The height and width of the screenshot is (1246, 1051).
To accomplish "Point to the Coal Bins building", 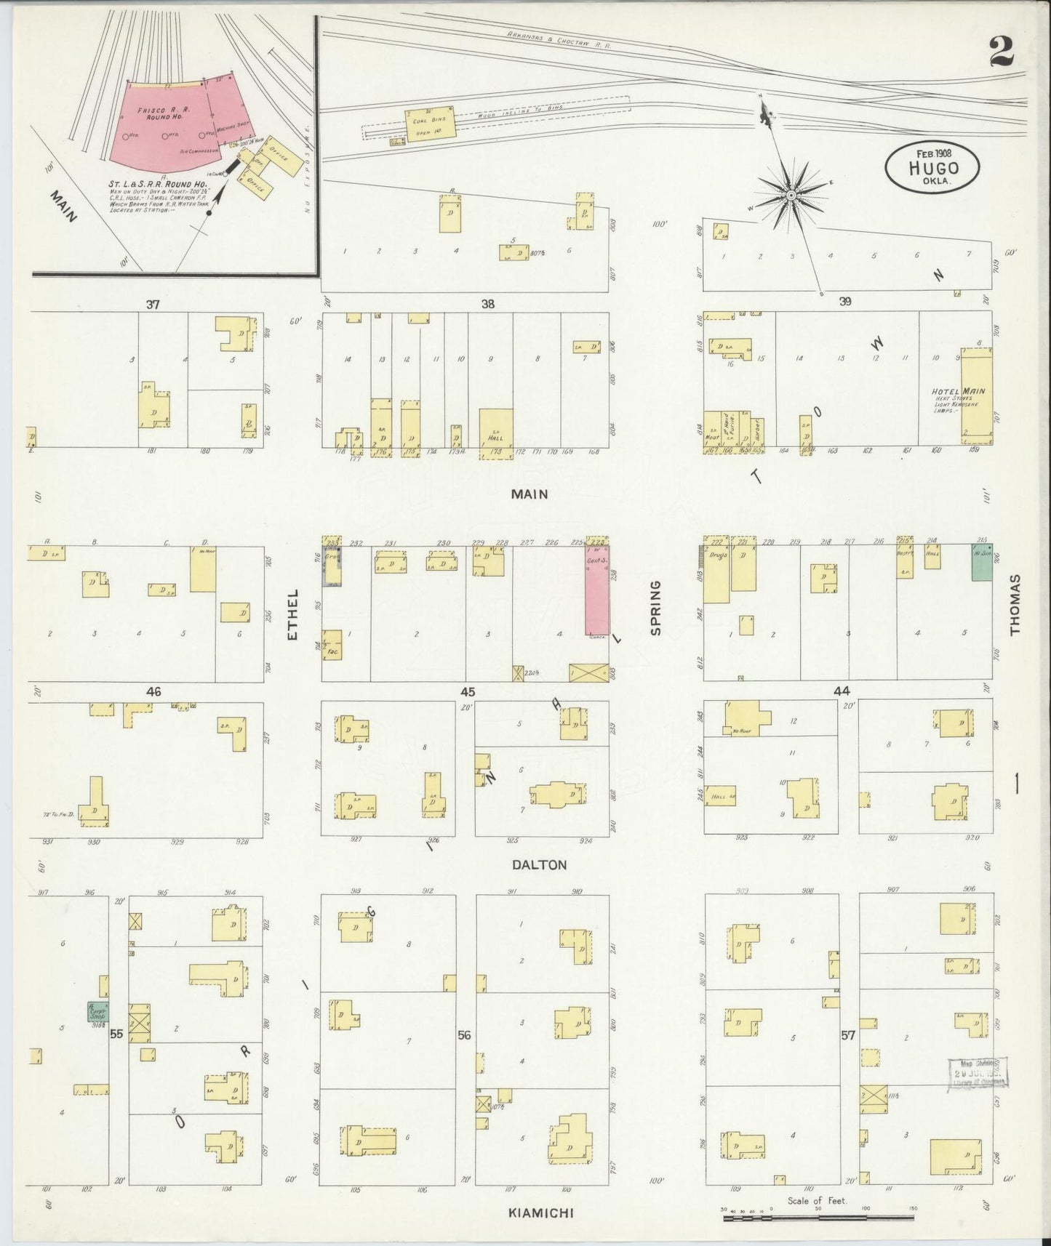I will (431, 125).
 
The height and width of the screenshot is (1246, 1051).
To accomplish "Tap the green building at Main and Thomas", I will (983, 564).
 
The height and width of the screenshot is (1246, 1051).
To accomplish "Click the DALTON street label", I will (539, 865).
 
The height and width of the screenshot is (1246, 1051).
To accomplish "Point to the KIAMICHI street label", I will (536, 1212).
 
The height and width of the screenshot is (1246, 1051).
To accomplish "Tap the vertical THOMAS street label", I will (1015, 604).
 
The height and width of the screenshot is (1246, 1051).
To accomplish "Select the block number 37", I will (152, 304).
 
